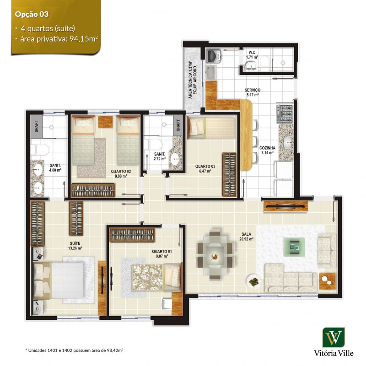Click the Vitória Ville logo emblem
334,337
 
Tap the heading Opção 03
32,15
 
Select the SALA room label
246,234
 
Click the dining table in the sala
215,255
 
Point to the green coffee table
294,247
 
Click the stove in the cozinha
285,114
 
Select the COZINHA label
267,148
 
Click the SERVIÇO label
253,90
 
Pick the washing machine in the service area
213,56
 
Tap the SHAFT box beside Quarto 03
178,125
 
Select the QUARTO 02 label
121,171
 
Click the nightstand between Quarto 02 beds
105,122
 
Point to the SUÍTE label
75,243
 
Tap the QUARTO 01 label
162,251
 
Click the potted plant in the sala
253,281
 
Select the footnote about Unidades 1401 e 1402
74,350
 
